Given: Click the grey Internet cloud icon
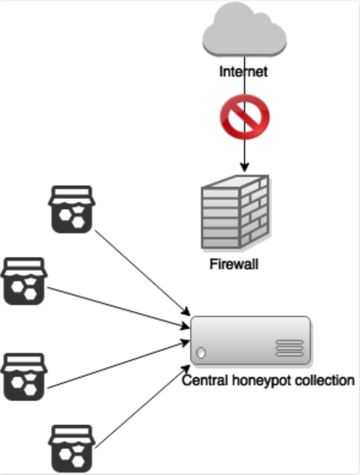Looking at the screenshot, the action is [x=245, y=30].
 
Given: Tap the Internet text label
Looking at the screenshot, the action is [x=243, y=72].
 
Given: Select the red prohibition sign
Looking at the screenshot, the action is [x=245, y=117].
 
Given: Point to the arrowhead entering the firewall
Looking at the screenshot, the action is [x=245, y=168].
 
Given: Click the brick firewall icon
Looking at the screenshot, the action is [x=235, y=212].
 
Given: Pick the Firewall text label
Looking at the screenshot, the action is [x=234, y=264].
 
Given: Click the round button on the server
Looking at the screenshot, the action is [x=201, y=353].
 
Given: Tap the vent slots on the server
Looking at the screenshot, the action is [x=289, y=348].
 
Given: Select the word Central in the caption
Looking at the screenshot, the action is [x=205, y=380].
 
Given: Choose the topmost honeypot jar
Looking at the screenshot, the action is [x=72, y=209].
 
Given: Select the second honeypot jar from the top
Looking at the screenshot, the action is [x=24, y=281].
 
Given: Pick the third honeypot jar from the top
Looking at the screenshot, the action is [x=24, y=377].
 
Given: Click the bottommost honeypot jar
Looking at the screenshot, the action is [x=72, y=449].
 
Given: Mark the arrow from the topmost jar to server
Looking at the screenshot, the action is [x=142, y=273].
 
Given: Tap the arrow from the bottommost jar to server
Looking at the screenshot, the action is [x=142, y=407].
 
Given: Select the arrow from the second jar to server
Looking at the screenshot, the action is [x=118, y=307].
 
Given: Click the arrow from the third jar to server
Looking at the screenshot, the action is [x=118, y=364].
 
